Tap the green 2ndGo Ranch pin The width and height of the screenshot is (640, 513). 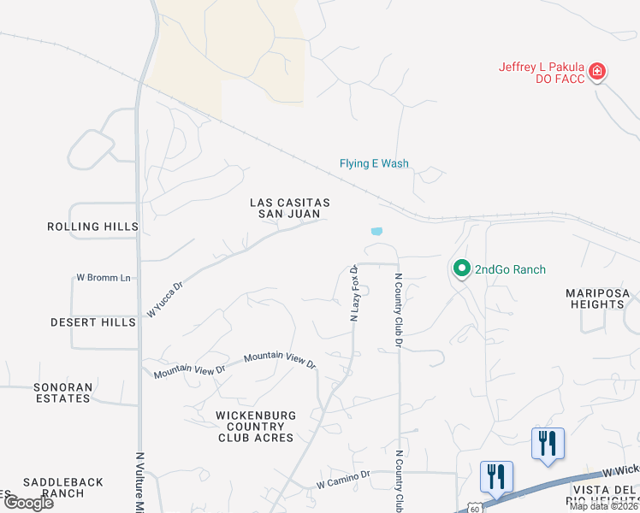click(462, 269)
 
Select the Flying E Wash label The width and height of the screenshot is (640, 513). click(374, 164)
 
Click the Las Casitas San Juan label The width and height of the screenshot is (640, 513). click(289, 208)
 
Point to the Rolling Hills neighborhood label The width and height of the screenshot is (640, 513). click(92, 227)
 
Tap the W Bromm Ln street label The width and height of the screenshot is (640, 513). click(104, 278)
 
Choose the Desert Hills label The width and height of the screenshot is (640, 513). click(92, 322)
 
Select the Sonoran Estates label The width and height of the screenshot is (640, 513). click(62, 392)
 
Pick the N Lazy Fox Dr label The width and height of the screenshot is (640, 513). click(354, 292)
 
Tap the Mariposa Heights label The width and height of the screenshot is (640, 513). click(597, 298)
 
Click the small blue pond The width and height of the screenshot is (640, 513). click(376, 231)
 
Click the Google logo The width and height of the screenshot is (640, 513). click(28, 503)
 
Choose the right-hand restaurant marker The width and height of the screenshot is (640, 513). click(547, 445)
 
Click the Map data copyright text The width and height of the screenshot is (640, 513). click(604, 506)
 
